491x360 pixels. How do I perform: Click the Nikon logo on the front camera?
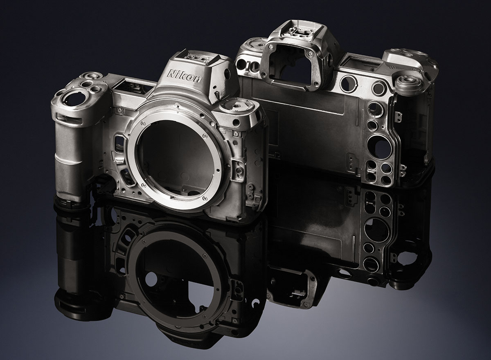[x=184, y=76]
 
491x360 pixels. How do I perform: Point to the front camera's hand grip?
[x=68, y=158]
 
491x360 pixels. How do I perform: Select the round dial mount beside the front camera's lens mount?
[x=237, y=107]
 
